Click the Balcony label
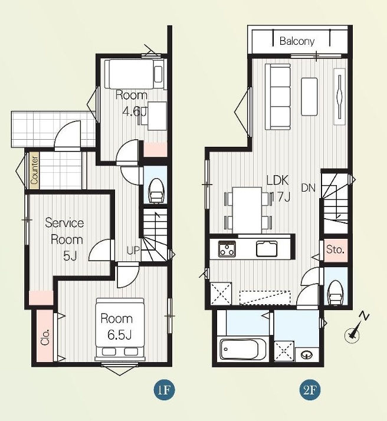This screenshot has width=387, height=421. [297, 41]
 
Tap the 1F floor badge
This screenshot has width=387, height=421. [164, 390]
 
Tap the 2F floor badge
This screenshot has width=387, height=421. [310, 390]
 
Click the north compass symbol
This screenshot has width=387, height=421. [356, 328]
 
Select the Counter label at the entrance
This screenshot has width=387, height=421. [34, 170]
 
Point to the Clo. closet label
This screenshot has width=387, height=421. [45, 337]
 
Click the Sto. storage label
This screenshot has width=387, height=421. [335, 249]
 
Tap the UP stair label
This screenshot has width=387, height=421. [133, 251]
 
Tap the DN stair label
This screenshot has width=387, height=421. [308, 188]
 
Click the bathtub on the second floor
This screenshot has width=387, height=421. [243, 349]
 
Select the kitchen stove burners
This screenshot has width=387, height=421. [227, 249]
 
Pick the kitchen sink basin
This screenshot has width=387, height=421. [267, 249]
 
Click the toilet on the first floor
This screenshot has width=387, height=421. [156, 190]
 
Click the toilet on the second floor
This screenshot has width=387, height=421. [336, 292]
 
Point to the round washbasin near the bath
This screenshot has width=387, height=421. [307, 355]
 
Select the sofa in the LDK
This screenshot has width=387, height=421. [278, 97]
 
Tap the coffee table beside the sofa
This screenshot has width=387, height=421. [309, 97]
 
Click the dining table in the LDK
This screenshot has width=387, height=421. [247, 210]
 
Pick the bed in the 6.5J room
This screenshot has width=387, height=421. [120, 330]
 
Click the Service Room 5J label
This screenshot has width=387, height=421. [64, 239]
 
